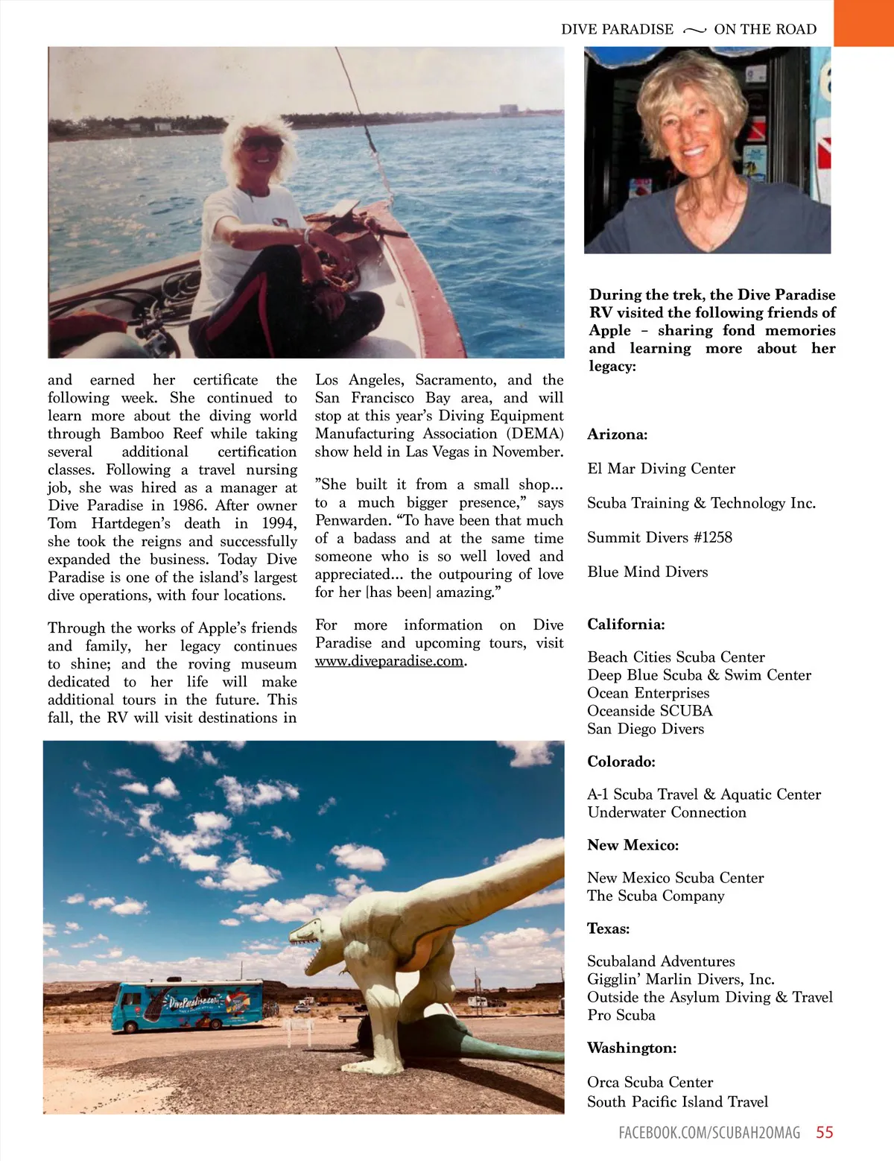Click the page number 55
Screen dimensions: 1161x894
(824, 1133)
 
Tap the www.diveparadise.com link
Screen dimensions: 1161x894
(389, 661)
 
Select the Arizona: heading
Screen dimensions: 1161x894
(618, 434)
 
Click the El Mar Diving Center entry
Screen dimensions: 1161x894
(661, 469)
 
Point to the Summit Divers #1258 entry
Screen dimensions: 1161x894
(659, 537)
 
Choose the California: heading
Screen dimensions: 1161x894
(626, 624)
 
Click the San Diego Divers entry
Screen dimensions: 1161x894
(645, 729)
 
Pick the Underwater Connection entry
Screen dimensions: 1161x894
(666, 812)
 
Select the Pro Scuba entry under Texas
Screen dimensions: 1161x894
(621, 1015)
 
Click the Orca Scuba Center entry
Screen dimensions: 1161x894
(650, 1082)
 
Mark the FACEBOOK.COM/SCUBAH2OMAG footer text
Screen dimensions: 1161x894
(708, 1133)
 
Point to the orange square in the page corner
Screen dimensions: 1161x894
(863, 22)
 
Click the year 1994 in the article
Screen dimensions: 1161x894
(279, 524)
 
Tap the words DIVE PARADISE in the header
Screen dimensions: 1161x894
(617, 30)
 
